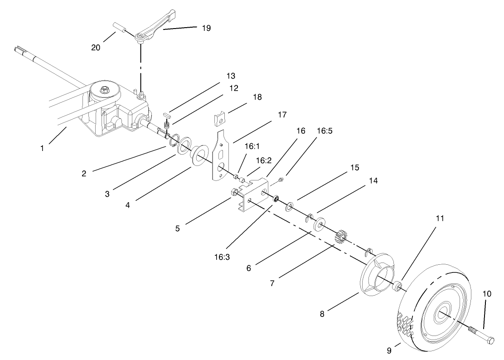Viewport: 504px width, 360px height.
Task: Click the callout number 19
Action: coord(206,28)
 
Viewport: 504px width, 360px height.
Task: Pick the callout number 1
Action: coord(42,148)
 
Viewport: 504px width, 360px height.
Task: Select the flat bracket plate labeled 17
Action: coord(221,155)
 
